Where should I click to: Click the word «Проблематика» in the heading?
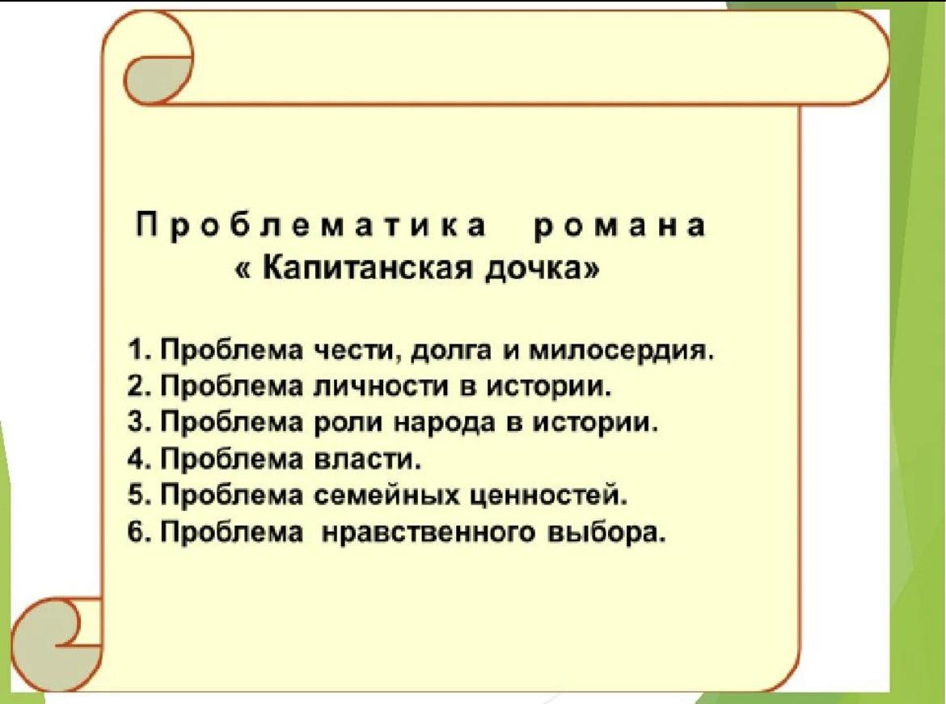pos(312,227)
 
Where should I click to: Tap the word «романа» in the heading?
pos(619,228)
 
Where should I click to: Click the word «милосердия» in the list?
pos(622,352)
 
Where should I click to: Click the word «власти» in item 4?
pos(367,460)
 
